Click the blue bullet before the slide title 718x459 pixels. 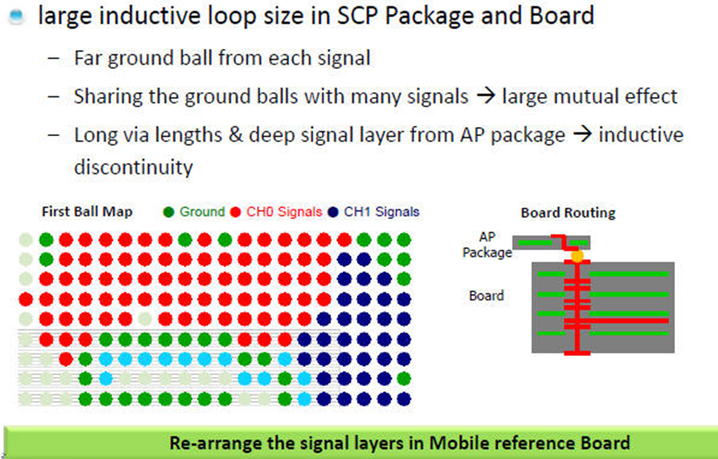16,17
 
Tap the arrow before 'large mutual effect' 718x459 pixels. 486,96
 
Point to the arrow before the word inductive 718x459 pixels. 582,134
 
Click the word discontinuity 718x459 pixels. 134,167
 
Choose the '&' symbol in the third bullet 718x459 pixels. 233,135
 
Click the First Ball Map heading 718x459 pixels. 87,212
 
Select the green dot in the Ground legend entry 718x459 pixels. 169,212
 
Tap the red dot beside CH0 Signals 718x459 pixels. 236,212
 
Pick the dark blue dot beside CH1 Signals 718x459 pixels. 333,212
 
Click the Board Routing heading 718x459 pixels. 568,212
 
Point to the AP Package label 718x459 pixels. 486,245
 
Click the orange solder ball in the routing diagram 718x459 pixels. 577,256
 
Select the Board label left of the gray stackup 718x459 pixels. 486,295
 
